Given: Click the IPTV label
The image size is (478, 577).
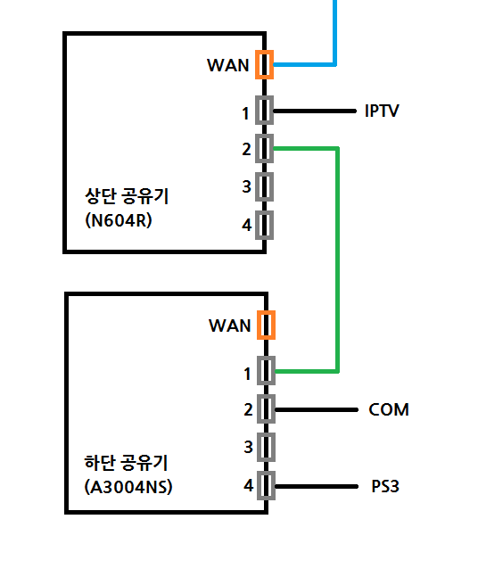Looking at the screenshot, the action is (382, 111).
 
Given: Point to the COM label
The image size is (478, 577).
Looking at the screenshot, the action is (389, 409).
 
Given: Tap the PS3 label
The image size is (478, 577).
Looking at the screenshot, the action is (385, 486).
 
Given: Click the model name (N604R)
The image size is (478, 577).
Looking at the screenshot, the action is (119, 220).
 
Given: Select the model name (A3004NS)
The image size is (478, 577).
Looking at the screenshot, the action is (128, 487).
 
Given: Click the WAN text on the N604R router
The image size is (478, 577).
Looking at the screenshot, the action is (228, 65).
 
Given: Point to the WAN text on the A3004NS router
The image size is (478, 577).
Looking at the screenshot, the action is (229, 326).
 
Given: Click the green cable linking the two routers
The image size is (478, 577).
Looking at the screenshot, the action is (337, 260).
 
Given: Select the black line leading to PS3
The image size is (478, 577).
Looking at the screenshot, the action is (317, 486).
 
